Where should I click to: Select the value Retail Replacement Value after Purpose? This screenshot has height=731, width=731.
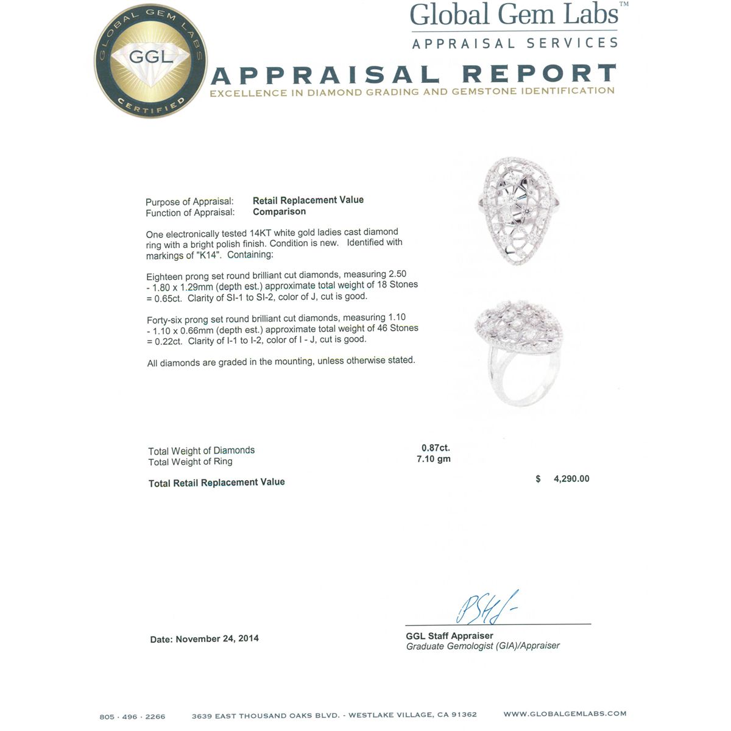click(308, 200)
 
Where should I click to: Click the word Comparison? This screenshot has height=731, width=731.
click(279, 211)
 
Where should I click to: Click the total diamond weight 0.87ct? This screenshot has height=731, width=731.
click(435, 448)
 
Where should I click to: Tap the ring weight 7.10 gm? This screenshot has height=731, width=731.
click(433, 459)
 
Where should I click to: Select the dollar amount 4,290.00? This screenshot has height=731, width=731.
click(571, 479)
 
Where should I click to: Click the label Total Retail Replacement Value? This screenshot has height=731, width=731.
click(216, 482)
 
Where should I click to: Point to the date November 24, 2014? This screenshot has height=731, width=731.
click(217, 638)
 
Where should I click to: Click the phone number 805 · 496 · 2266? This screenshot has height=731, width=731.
click(132, 716)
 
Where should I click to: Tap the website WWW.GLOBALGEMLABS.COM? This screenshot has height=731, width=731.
click(564, 713)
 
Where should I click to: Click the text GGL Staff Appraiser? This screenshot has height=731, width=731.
click(449, 635)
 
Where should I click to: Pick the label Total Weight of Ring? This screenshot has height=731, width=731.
click(190, 462)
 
